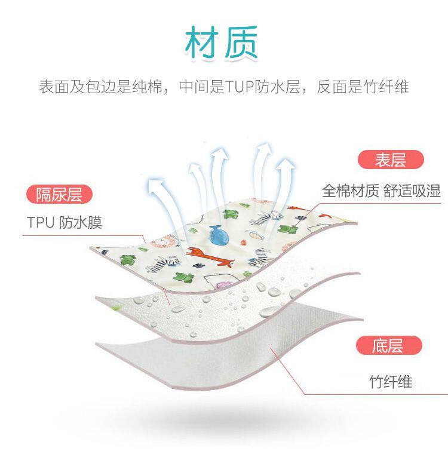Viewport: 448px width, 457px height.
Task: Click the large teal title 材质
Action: (x=222, y=43)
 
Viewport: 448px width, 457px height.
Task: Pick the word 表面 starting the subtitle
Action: (x=54, y=87)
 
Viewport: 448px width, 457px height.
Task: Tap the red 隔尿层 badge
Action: (x=59, y=194)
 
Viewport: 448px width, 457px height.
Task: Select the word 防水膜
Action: (x=81, y=223)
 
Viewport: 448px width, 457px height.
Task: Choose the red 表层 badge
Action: (x=390, y=160)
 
